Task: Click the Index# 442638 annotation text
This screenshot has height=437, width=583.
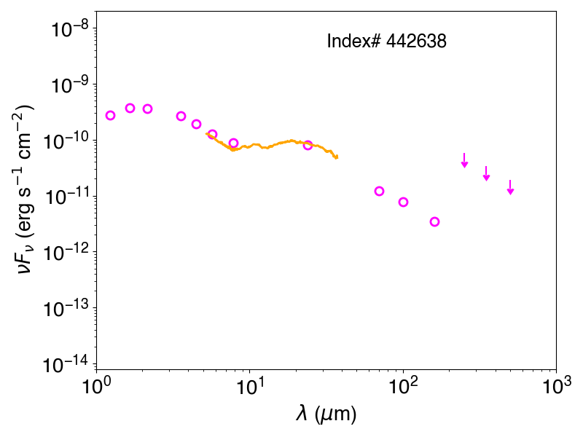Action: click(386, 41)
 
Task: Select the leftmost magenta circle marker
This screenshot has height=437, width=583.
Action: click(110, 111)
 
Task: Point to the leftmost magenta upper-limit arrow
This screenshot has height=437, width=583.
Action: click(464, 160)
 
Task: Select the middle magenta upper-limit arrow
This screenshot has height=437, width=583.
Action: click(486, 173)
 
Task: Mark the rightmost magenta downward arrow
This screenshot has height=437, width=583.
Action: click(511, 187)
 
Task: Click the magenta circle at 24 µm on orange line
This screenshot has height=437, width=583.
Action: click(308, 141)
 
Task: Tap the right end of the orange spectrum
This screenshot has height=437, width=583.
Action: click(337, 157)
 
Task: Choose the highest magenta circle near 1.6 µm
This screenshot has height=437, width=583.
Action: click(130, 103)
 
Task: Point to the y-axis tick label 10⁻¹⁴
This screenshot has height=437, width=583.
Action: click(66, 364)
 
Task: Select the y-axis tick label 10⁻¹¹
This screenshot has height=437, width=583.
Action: click(66, 196)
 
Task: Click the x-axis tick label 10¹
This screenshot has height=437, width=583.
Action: click(250, 387)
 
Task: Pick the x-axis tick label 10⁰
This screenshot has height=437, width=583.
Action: click(96, 387)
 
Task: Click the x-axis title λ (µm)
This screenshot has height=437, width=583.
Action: click(326, 414)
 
